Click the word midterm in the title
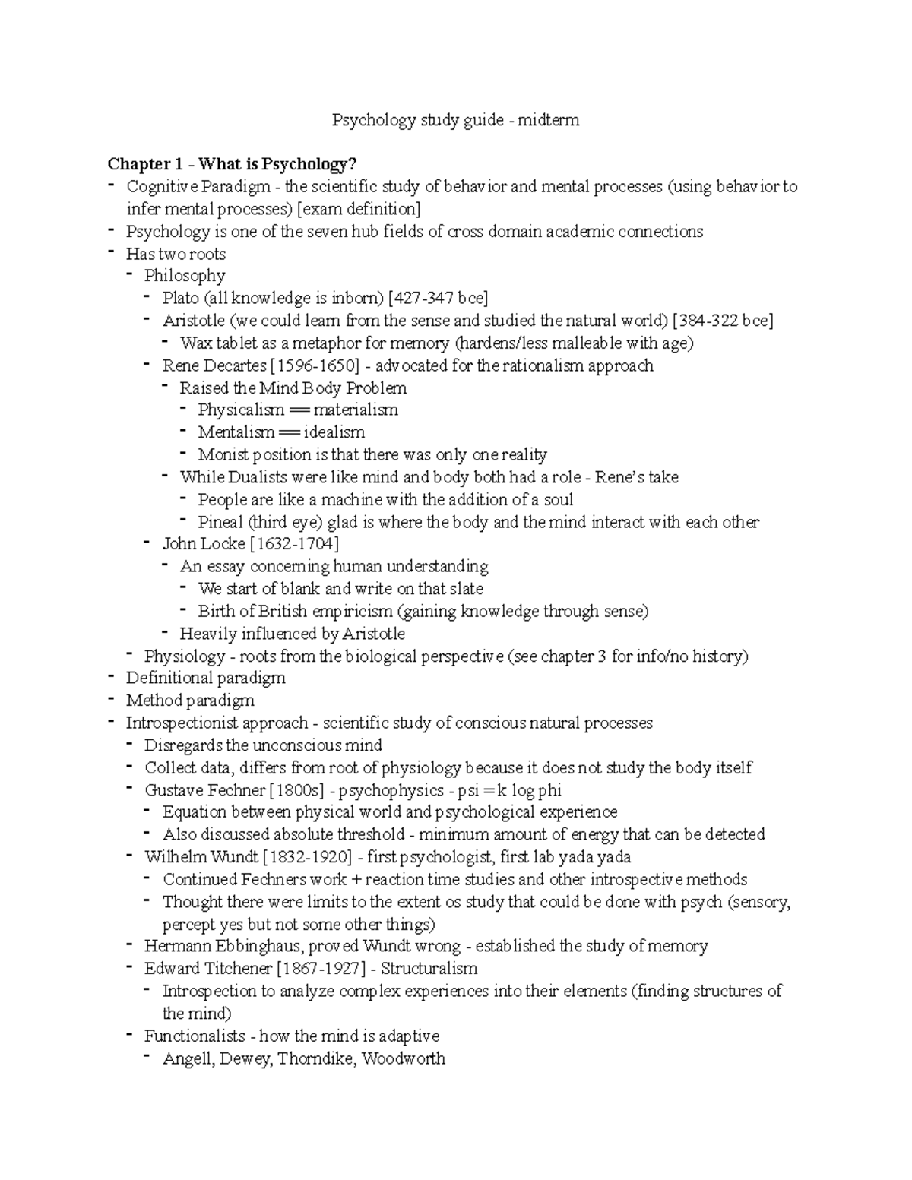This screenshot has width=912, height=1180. click(548, 120)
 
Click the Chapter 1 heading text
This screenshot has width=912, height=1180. click(232, 164)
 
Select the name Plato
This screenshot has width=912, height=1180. click(180, 298)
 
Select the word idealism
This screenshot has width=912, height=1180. click(334, 432)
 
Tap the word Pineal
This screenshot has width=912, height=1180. click(220, 522)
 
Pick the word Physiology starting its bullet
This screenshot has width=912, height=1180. click(185, 656)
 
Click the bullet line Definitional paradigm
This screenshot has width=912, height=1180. click(205, 678)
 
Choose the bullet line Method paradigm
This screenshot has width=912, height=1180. click(190, 701)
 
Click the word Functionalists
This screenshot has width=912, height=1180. click(195, 1036)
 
